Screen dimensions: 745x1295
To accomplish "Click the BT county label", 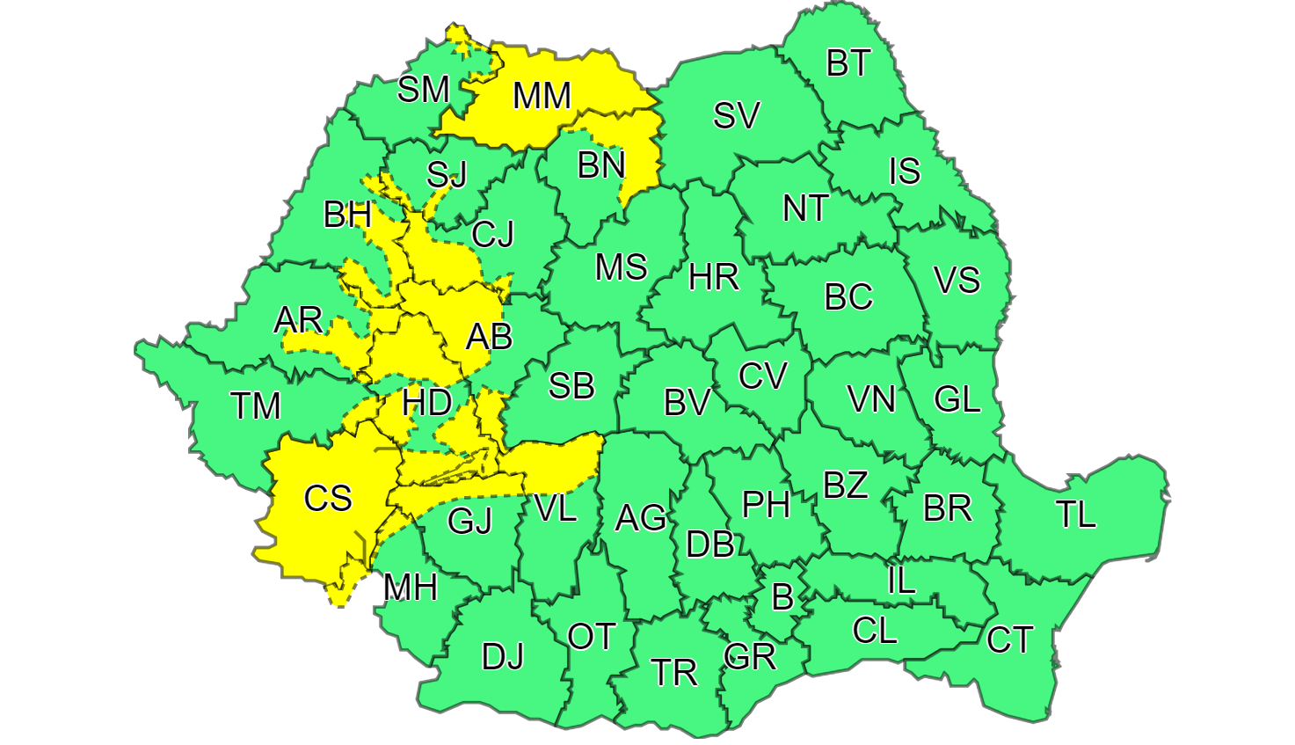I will click(x=848, y=63).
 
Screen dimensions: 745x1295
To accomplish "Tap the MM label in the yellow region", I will click(x=542, y=96).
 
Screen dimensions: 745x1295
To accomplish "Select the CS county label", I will click(x=328, y=499).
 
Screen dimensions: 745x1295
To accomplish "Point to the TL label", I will click(x=1076, y=515).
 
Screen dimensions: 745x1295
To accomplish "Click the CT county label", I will click(x=1009, y=639).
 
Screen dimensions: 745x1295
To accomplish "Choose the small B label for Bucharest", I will click(x=782, y=598).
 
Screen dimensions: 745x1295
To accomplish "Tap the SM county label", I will click(x=424, y=89).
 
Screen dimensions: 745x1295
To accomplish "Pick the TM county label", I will click(x=256, y=406).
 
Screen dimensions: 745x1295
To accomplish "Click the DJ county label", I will click(x=503, y=656).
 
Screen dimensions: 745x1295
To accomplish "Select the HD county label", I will click(x=427, y=404).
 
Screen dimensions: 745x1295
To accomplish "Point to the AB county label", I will click(x=489, y=336).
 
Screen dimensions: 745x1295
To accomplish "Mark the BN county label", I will click(x=601, y=164).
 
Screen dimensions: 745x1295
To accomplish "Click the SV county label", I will click(x=736, y=115).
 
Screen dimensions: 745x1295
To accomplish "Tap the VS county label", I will click(x=957, y=281).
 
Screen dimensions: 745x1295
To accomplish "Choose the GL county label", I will click(x=957, y=399).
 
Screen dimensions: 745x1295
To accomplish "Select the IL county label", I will click(x=901, y=581).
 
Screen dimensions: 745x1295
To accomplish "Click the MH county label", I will click(x=411, y=587).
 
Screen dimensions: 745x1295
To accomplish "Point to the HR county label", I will click(x=713, y=278).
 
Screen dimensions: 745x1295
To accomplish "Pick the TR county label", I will click(x=674, y=673).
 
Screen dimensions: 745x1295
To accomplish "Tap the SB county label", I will click(x=571, y=385).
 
